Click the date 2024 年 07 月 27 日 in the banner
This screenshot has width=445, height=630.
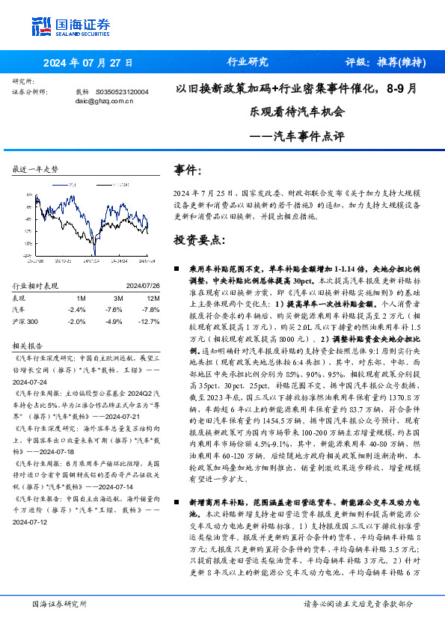coord(88,63)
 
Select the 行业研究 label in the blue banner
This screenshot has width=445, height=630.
coord(247,62)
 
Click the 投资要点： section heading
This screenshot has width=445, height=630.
coord(199,240)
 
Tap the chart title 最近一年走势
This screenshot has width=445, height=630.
coord(36,171)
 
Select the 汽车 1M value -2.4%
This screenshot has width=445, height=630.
coord(76,309)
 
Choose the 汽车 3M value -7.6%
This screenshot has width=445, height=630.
coord(114,309)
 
